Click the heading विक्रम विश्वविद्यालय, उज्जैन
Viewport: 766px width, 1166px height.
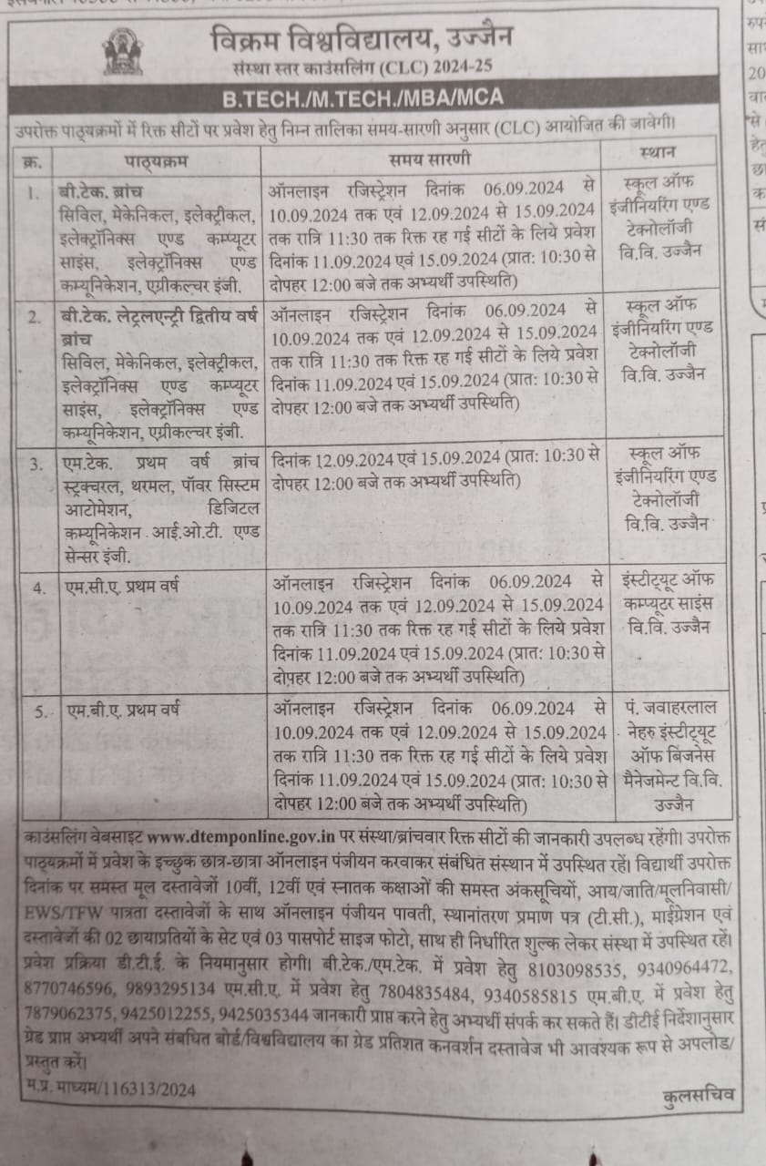[x=360, y=38]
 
